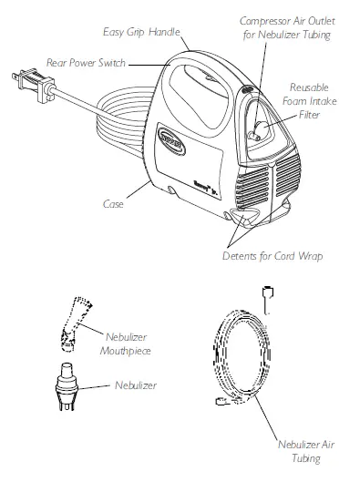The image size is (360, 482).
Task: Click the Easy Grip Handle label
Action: tap(139, 32)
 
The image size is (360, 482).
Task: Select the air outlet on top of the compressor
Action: tap(248, 88)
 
